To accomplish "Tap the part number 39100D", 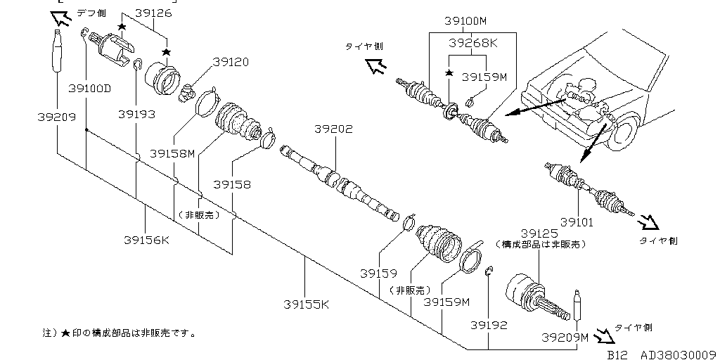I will (x=90, y=89).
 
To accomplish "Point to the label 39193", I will (x=136, y=113).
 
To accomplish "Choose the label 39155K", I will (x=306, y=304).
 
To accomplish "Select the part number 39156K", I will (x=146, y=240).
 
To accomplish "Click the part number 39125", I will (x=539, y=233).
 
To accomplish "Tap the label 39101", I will (x=576, y=222).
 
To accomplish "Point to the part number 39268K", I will (x=473, y=43).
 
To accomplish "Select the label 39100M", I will (x=469, y=21).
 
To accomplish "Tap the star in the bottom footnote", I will (x=65, y=333).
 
